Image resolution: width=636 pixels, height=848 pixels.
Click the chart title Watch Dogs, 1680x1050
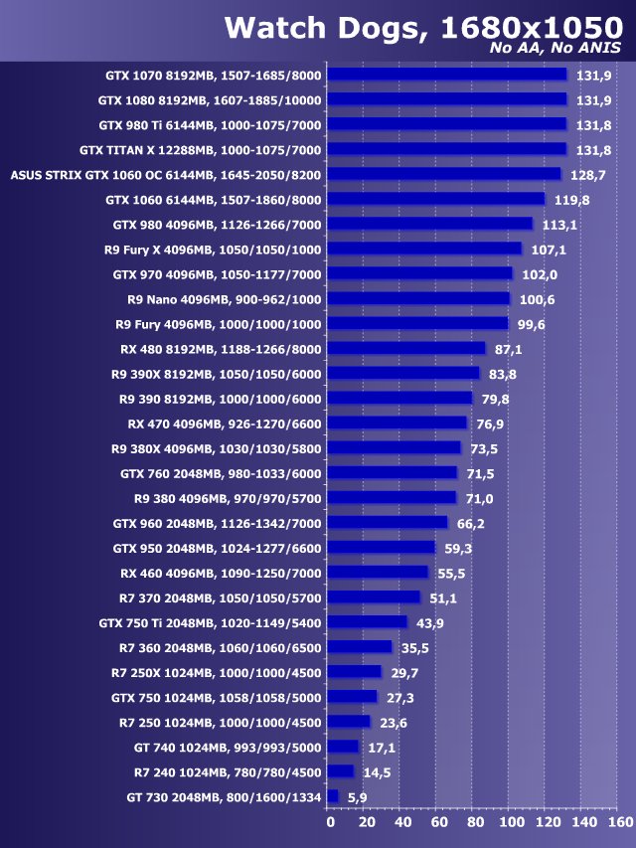(422, 26)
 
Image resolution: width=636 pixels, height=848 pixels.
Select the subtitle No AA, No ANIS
(556, 49)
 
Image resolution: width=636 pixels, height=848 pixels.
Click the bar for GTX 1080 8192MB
(446, 99)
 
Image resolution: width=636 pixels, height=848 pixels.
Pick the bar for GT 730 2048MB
(333, 796)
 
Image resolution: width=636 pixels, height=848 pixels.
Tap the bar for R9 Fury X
(424, 249)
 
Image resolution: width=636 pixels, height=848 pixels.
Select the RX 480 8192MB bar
(405, 348)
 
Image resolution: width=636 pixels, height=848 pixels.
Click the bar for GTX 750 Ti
(367, 622)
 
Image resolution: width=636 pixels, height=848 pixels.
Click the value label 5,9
(358, 796)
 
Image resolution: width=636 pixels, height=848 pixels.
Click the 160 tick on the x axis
(619, 822)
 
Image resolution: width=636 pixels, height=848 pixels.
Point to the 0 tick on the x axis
(330, 822)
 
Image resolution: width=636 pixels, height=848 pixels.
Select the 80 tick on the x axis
(474, 822)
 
